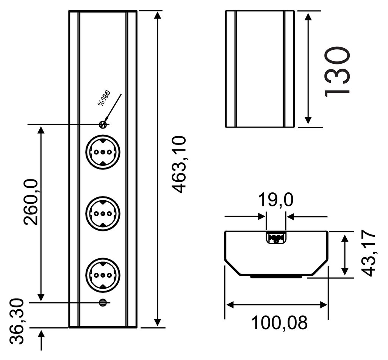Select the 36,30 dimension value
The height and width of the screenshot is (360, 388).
[x=17, y=322]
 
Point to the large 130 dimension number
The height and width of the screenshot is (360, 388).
[x=336, y=71]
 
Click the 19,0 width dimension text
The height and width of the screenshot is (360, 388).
[x=275, y=200]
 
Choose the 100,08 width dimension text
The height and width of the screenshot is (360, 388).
[x=279, y=323]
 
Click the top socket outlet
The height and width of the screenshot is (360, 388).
[x=103, y=152]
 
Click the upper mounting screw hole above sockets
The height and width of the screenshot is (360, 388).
[x=102, y=124]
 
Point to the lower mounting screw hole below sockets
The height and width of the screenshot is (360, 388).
[x=102, y=302]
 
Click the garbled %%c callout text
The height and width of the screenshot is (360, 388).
[x=103, y=98]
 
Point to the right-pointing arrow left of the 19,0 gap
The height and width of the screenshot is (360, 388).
[x=261, y=217]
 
